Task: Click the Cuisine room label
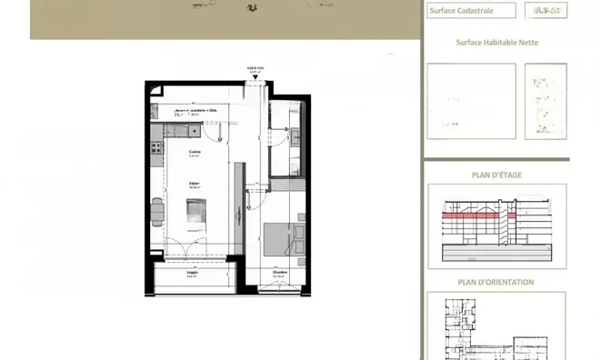coord(195,151)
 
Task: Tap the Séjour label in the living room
coord(194,183)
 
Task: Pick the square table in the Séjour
coord(197,211)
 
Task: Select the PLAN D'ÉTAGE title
coord(496,175)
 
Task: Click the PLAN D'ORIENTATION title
coord(496,282)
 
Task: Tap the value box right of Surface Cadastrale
coord(546,11)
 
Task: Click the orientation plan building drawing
coord(496,327)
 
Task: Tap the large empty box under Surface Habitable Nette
coord(471,101)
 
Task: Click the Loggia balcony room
coord(192,276)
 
